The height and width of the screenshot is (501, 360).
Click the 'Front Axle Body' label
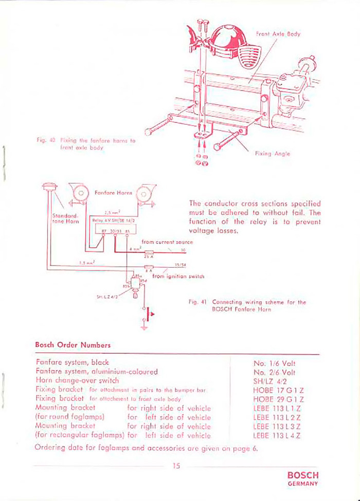coord(278,34)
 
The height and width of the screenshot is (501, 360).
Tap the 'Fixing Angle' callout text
coord(272,154)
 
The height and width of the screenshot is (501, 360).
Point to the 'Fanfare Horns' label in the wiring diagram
coord(114,193)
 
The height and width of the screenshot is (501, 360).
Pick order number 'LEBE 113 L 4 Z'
coord(277,436)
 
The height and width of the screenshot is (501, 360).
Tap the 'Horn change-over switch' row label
coord(77,381)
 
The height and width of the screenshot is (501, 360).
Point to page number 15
coord(177,466)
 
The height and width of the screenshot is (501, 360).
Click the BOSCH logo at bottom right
coord(303,475)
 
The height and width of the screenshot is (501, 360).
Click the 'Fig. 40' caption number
coord(45,139)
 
